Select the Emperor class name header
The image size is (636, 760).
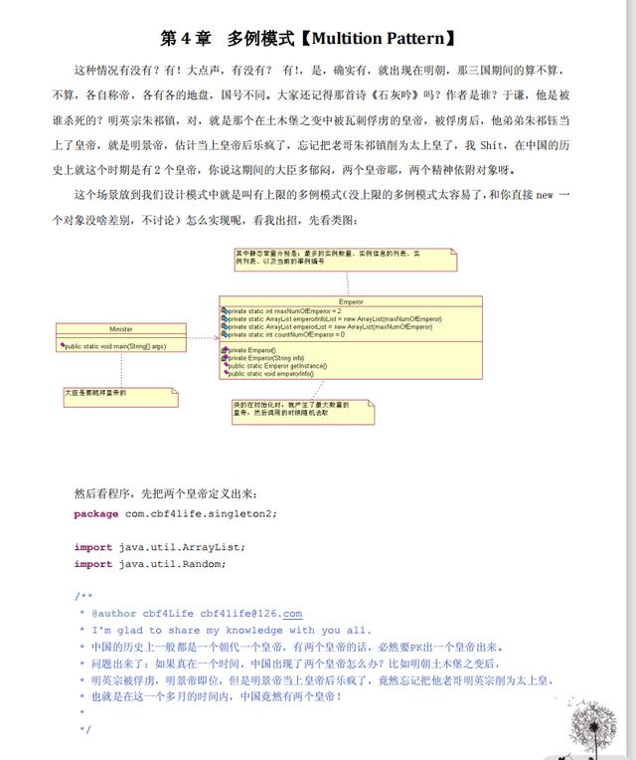coord(351,301)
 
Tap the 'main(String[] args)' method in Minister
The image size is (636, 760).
coord(115,346)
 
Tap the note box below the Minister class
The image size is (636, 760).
coord(119,396)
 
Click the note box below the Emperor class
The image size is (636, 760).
coord(302,409)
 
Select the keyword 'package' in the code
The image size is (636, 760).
coord(96,513)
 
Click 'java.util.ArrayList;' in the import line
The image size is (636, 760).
coord(182,547)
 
